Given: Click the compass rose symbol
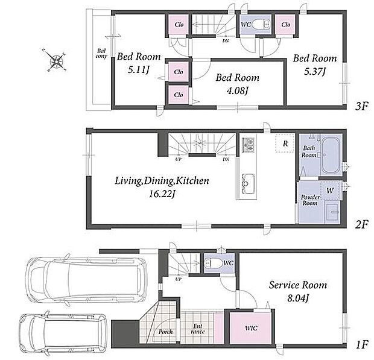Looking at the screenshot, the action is click(x=56, y=60).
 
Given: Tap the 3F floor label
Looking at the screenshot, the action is click(x=361, y=106).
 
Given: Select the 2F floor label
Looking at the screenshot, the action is click(x=361, y=224).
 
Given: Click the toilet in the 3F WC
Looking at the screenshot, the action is click(x=261, y=24).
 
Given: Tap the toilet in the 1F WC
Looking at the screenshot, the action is click(x=214, y=263).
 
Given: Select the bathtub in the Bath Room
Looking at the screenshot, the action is click(x=331, y=155).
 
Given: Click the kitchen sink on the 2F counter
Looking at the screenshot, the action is click(x=248, y=183).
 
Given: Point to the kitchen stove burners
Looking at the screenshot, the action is click(x=248, y=145).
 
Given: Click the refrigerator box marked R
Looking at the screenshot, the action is click(x=285, y=144).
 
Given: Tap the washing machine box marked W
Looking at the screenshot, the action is click(x=330, y=191).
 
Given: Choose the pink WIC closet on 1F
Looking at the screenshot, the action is click(x=250, y=328).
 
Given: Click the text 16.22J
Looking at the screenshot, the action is click(x=162, y=194).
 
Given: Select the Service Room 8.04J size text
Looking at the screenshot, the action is click(x=298, y=298).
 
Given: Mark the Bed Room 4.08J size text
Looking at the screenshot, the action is click(x=237, y=90).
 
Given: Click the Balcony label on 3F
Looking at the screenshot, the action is click(x=101, y=54).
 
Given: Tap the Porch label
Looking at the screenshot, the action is click(x=165, y=332).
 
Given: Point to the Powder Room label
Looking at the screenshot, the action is click(x=310, y=200).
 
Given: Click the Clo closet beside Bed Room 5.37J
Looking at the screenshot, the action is click(x=286, y=25).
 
